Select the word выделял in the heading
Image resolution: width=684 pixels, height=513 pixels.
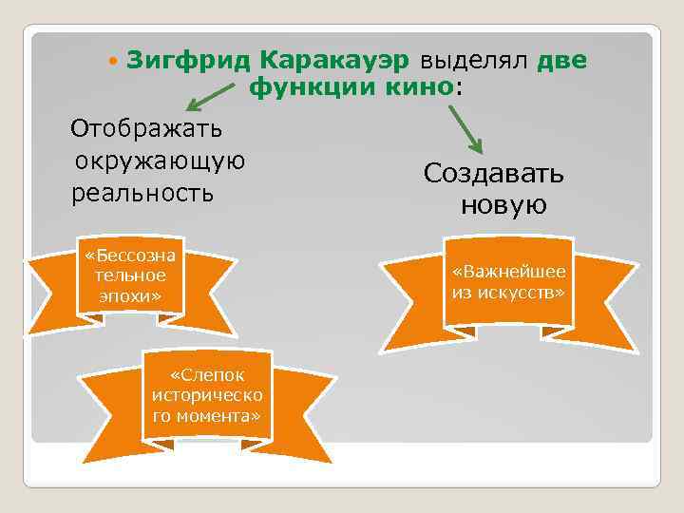[472, 61]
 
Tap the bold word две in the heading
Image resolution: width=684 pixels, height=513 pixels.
[563, 61]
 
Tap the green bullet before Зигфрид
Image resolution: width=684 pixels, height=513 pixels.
[114, 62]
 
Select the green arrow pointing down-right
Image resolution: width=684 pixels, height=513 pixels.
[465, 127]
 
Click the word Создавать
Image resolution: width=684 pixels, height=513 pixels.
[494, 173]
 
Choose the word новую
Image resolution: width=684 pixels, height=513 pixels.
[503, 205]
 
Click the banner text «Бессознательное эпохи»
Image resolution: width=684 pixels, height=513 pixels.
[130, 275]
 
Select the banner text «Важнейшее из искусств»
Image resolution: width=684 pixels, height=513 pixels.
[508, 282]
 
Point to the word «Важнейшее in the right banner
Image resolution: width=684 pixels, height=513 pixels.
[508, 273]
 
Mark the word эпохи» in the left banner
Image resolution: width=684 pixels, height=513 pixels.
[130, 295]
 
